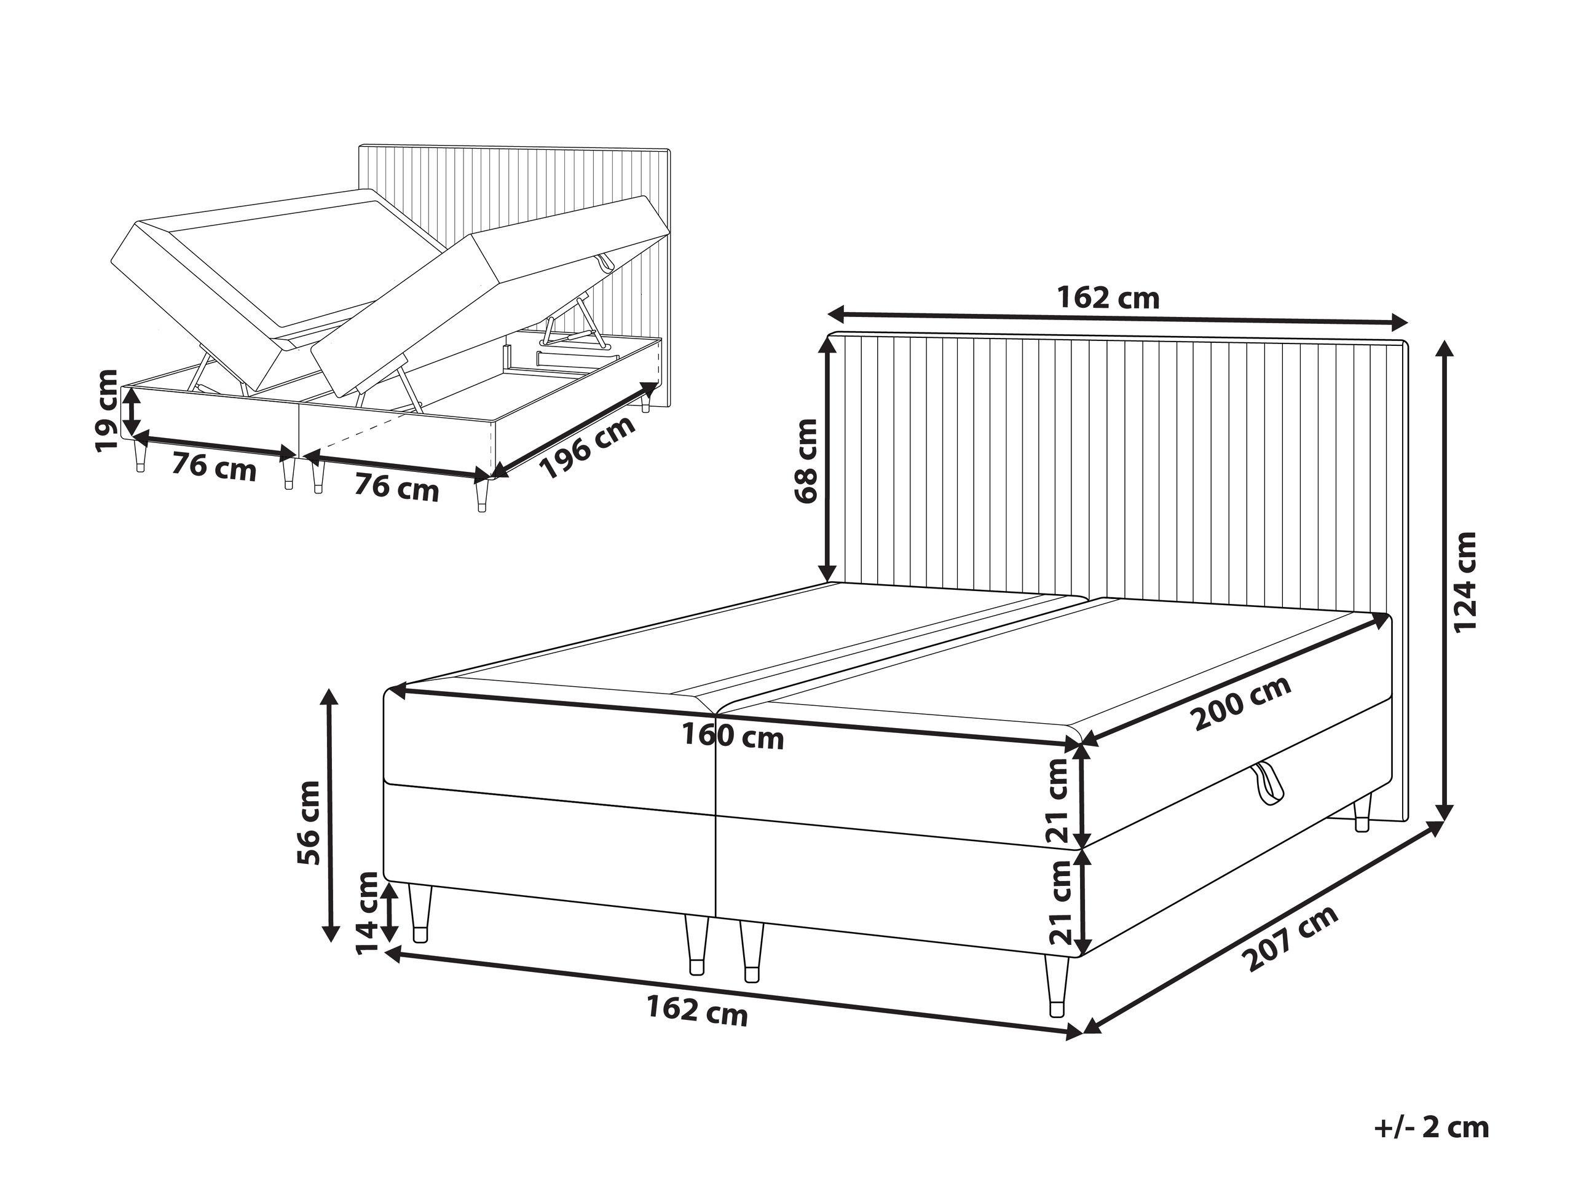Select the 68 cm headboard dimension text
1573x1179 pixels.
pyautogui.click(x=808, y=461)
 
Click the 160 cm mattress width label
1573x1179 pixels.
pyautogui.click(x=733, y=737)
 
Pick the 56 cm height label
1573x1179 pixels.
pyautogui.click(x=309, y=821)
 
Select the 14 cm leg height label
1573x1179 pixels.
pyautogui.click(x=367, y=914)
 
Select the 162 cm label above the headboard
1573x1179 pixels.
pyautogui.click(x=1108, y=299)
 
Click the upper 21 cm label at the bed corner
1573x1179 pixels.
pyautogui.click(x=1059, y=800)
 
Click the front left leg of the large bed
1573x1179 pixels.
pyautogui.click(x=420, y=912)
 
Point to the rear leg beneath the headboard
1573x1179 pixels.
pyautogui.click(x=1361, y=813)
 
